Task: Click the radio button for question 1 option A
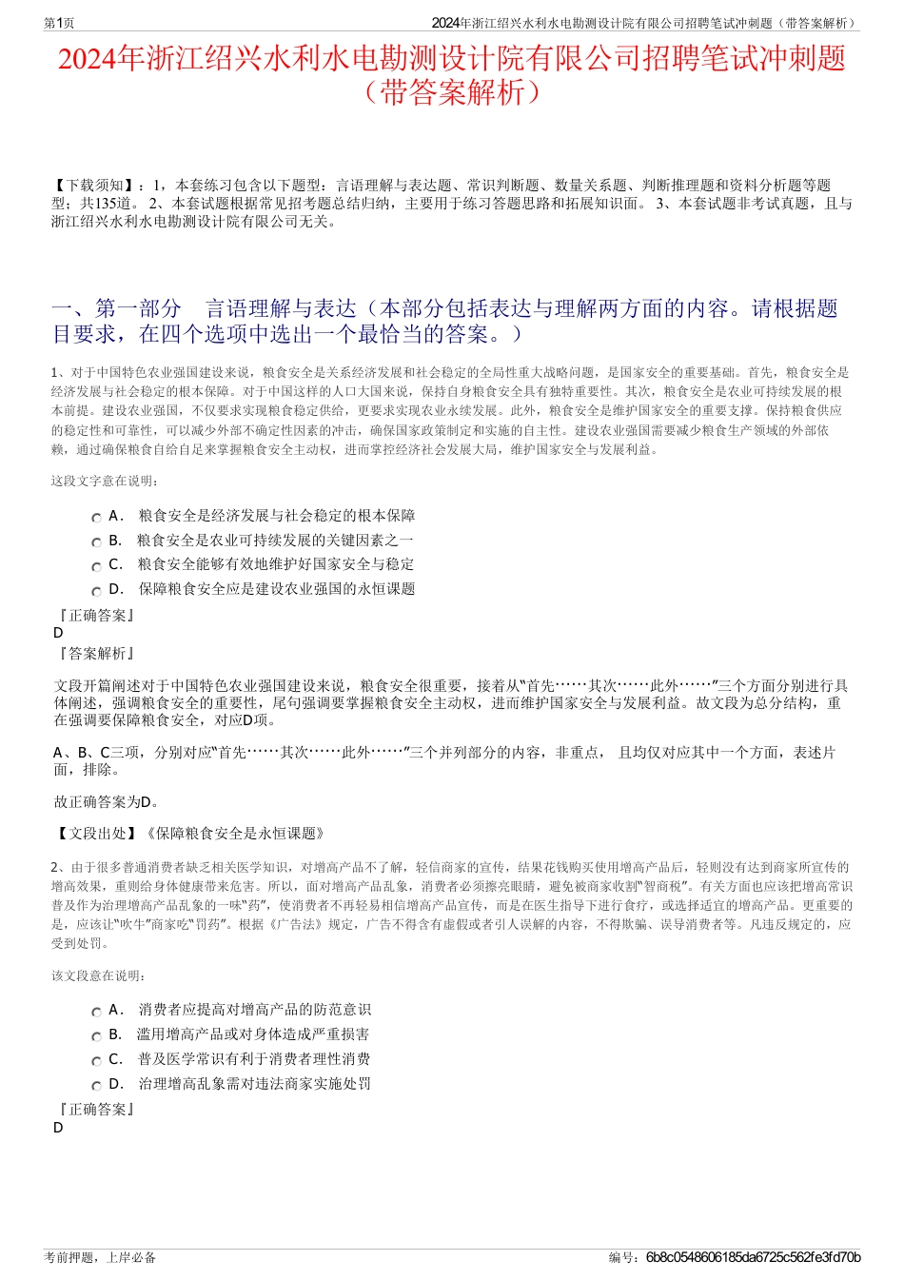pyautogui.click(x=96, y=518)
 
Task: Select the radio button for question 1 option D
pyautogui.click(x=96, y=591)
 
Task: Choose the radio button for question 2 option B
pyautogui.click(x=96, y=1036)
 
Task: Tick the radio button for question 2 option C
pyautogui.click(x=96, y=1061)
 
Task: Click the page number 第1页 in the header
pyautogui.click(x=59, y=23)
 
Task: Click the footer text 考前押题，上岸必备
pyautogui.click(x=100, y=1257)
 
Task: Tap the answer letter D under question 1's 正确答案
pyautogui.click(x=58, y=633)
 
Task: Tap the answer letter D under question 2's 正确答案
pyautogui.click(x=58, y=1128)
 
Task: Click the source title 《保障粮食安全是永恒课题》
pyautogui.click(x=236, y=834)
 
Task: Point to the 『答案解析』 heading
pyautogui.click(x=96, y=653)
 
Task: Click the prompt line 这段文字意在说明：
pyautogui.click(x=106, y=482)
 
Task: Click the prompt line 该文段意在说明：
pyautogui.click(x=99, y=975)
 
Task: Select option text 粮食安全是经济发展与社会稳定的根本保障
pyautogui.click(x=276, y=516)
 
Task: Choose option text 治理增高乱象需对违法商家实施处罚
pyautogui.click(x=254, y=1083)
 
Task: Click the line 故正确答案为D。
pyautogui.click(x=108, y=801)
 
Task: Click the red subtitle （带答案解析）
pyautogui.click(x=451, y=92)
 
